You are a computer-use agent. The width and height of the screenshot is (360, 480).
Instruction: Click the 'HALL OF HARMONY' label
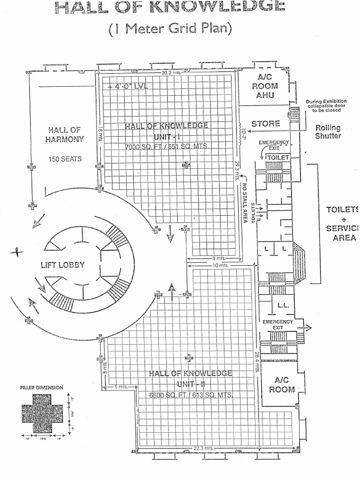65,135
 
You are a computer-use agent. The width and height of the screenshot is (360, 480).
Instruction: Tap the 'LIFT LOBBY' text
62,265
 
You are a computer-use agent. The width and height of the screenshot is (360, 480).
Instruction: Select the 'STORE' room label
266,124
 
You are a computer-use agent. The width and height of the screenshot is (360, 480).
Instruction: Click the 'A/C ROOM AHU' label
265,86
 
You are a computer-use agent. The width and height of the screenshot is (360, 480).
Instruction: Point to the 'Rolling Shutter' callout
328,132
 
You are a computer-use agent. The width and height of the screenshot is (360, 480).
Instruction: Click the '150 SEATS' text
65,159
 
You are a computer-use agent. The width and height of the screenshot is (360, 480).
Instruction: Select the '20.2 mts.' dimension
172,73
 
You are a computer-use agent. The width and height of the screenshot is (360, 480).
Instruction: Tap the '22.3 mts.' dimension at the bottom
203,448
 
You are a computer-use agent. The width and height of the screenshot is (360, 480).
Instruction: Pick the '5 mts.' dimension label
121,387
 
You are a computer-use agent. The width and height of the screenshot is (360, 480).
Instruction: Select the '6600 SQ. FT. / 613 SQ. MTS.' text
190,395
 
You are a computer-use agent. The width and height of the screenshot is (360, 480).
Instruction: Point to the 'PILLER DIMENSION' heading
42,387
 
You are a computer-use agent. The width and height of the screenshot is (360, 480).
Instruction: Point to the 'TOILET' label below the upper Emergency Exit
278,157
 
